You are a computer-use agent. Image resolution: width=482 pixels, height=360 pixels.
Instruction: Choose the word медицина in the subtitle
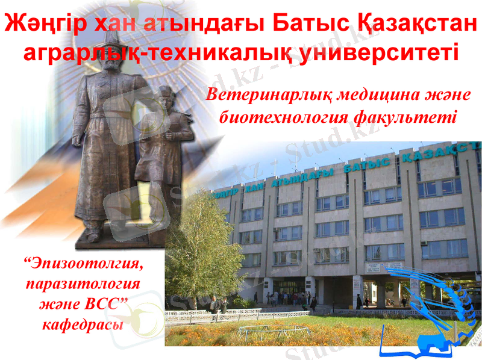pos(377,96)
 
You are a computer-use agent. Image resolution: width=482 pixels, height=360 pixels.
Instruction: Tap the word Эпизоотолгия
pos(85,263)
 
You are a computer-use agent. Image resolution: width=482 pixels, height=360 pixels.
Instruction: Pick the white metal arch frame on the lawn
pos(274,331)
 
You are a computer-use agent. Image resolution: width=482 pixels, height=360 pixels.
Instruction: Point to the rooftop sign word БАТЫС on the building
pos(368,165)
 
